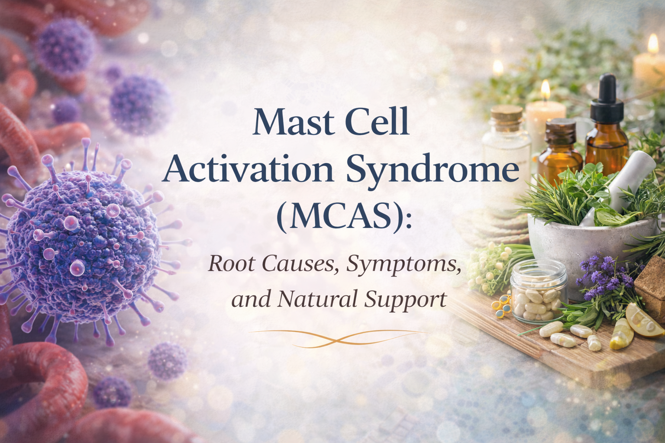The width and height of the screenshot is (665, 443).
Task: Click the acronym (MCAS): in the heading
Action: pyautogui.click(x=342, y=216)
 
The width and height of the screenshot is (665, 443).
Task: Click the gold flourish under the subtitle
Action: pyautogui.click(x=337, y=336)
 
